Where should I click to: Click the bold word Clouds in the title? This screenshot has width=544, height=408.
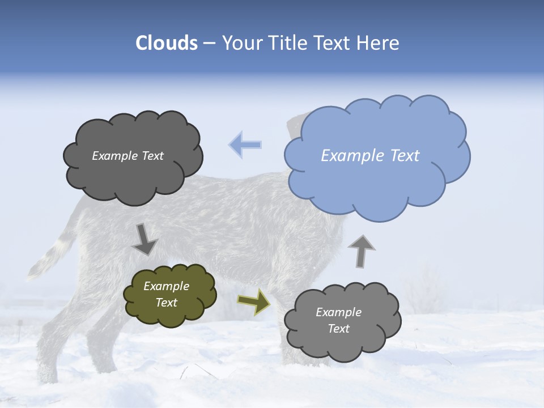click(x=167, y=43)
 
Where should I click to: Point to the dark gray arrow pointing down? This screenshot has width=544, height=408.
click(x=145, y=239)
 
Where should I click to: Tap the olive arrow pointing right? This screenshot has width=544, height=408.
click(x=253, y=301)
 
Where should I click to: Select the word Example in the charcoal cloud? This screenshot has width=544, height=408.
click(x=115, y=156)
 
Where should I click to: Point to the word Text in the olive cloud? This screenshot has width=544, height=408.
click(x=167, y=303)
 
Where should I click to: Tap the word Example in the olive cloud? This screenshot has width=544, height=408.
click(x=167, y=286)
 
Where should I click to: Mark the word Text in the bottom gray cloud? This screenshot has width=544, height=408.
click(x=339, y=329)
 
